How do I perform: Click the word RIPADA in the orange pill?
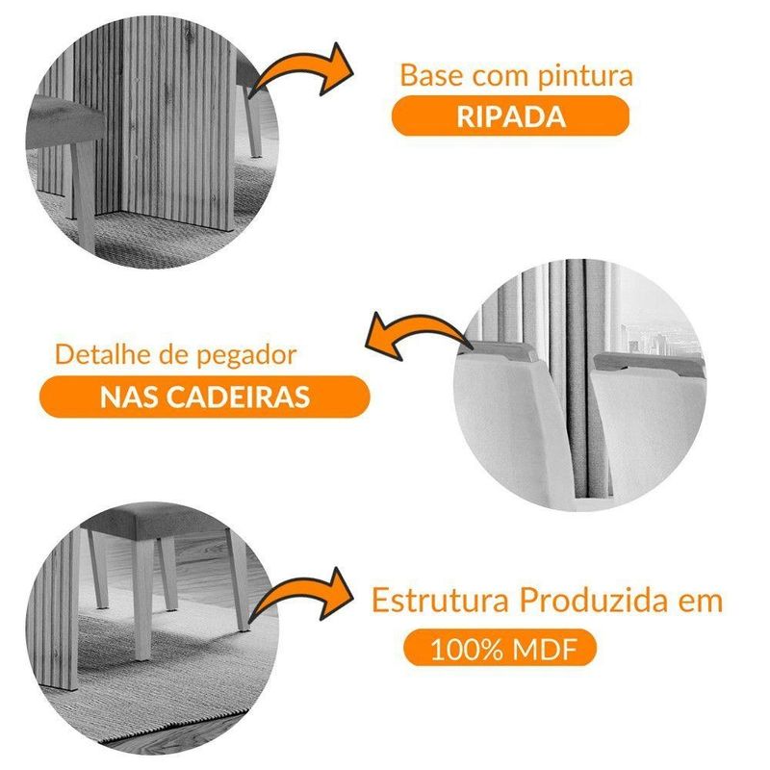pyautogui.click(x=511, y=116)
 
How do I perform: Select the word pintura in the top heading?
pyautogui.click(x=585, y=77)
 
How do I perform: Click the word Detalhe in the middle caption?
pyautogui.click(x=104, y=354)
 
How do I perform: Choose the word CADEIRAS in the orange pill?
pyautogui.click(x=239, y=397)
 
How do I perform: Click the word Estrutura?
pyautogui.click(x=440, y=600)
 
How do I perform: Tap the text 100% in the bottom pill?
pyautogui.click(x=467, y=649)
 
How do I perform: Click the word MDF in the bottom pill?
pyautogui.click(x=544, y=649)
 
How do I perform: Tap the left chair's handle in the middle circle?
pyautogui.click(x=500, y=351)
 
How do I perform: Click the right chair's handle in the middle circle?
pyautogui.click(x=649, y=363)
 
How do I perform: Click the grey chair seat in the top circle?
pyautogui.click(x=64, y=120)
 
